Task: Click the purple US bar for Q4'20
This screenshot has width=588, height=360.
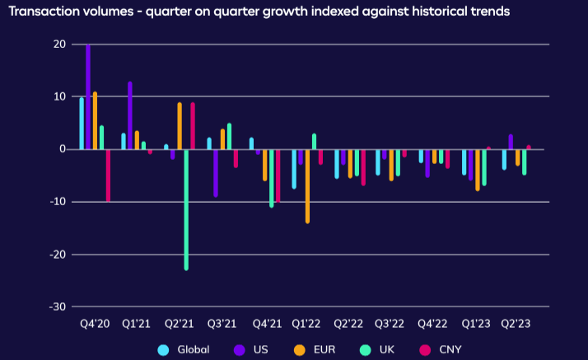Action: pyautogui.click(x=88, y=96)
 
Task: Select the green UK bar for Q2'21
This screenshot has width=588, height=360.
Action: pyautogui.click(x=186, y=209)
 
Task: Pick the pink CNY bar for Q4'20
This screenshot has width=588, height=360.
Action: pyautogui.click(x=108, y=175)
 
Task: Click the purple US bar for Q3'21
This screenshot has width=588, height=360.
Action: pyautogui.click(x=216, y=172)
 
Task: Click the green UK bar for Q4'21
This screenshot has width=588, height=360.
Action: pyautogui.click(x=271, y=177)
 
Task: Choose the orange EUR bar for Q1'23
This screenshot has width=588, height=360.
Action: pyautogui.click(x=477, y=170)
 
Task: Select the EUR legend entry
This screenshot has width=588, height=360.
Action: pyautogui.click(x=322, y=349)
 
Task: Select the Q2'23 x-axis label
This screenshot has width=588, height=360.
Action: pyautogui.click(x=516, y=324)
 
